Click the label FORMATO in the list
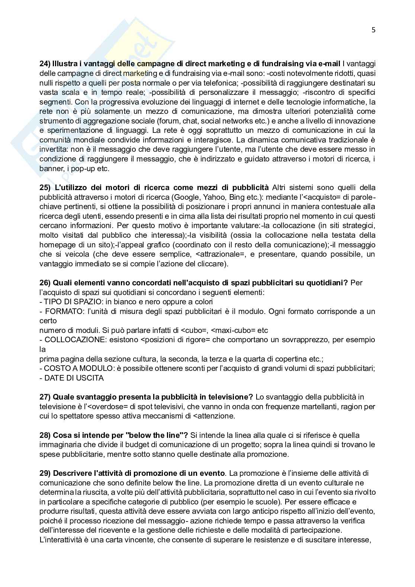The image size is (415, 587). tap(61, 311)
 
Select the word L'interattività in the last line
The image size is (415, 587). tap(58, 539)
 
